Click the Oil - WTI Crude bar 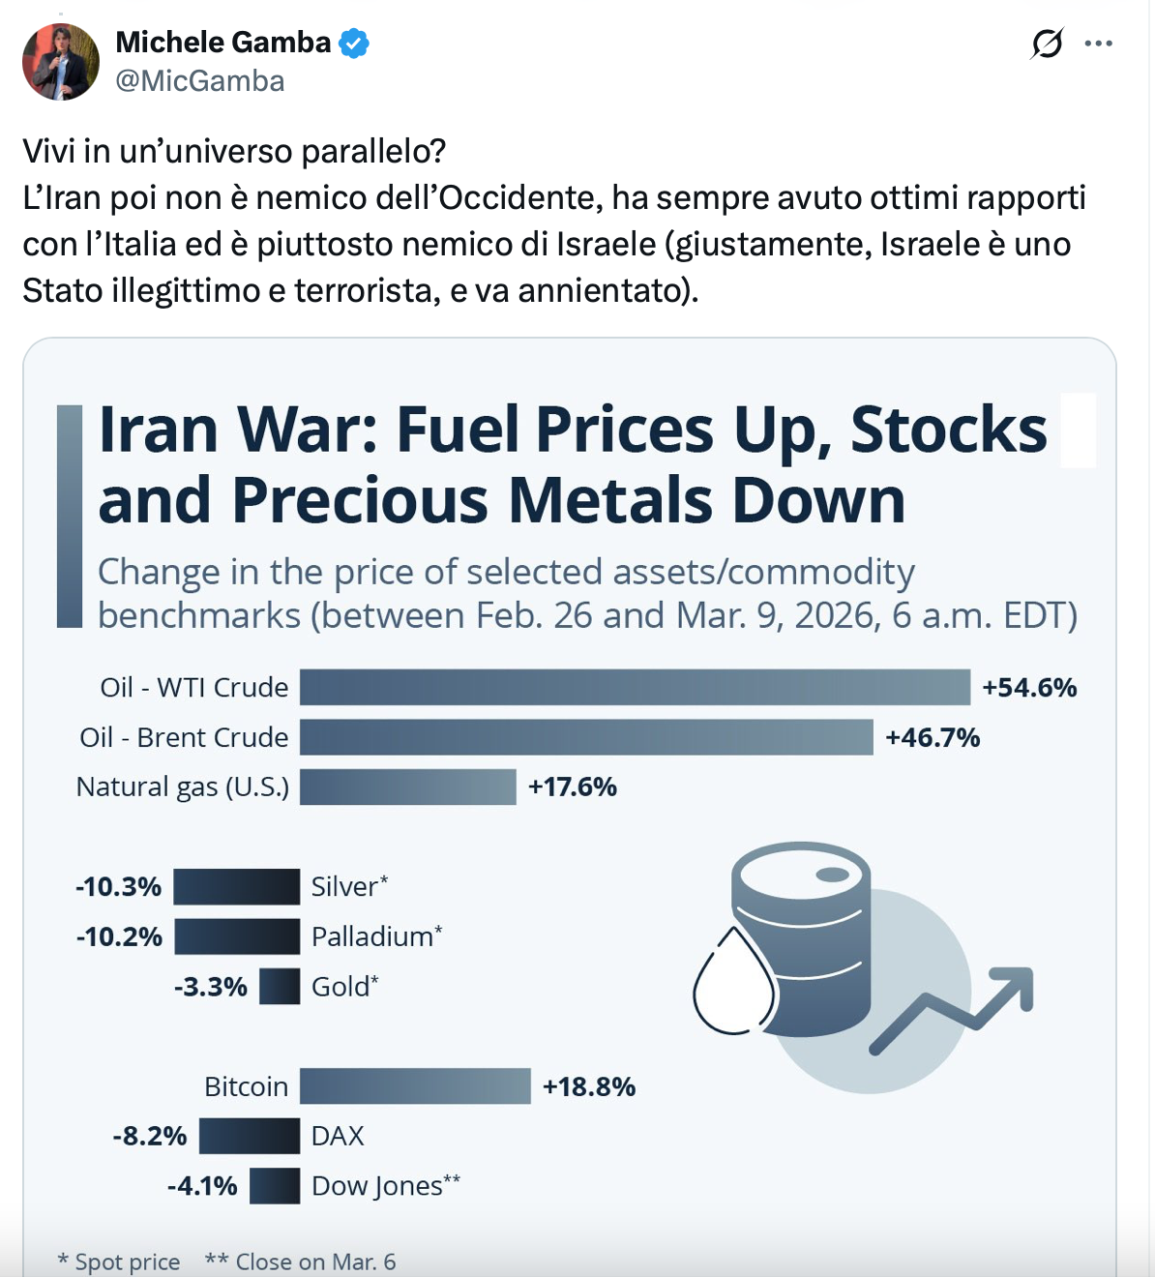635,687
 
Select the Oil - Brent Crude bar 586,737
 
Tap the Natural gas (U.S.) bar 407,787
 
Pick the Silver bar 237,886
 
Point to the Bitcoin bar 415,1086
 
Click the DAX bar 250,1136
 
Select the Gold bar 280,987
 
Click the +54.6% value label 1029,688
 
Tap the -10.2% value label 119,936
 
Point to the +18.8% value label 589,1087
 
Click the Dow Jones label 385,1186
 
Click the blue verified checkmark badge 354,44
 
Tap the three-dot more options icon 1099,44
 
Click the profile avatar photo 61,62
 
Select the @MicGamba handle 200,81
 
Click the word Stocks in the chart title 948,429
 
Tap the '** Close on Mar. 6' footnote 301,1262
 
